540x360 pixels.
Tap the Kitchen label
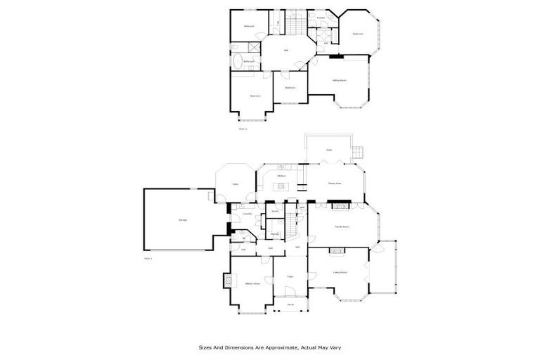(281, 176)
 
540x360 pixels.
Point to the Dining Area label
(335, 184)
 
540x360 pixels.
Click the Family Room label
(342, 227)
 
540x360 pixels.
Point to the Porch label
(290, 304)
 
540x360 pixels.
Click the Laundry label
(247, 213)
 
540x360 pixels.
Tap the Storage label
(275, 233)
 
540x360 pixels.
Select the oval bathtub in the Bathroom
(237, 60)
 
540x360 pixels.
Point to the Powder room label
(321, 16)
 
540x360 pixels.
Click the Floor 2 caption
(243, 129)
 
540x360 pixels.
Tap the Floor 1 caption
(148, 259)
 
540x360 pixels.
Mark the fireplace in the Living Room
(340, 250)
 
